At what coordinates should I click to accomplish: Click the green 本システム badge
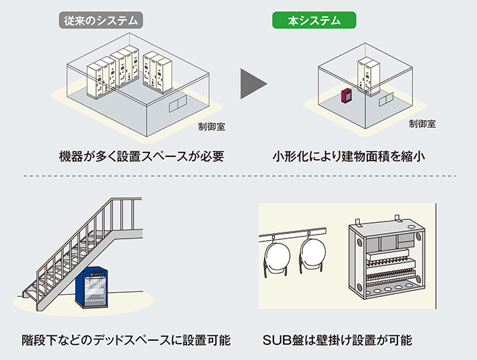(x=314, y=20)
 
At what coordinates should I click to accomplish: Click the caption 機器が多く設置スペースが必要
(x=141, y=156)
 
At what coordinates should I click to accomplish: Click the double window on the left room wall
(x=176, y=102)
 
